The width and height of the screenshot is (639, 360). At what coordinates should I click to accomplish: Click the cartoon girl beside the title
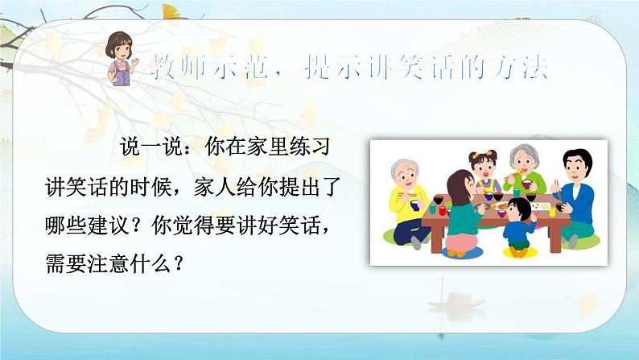click(x=123, y=63)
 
